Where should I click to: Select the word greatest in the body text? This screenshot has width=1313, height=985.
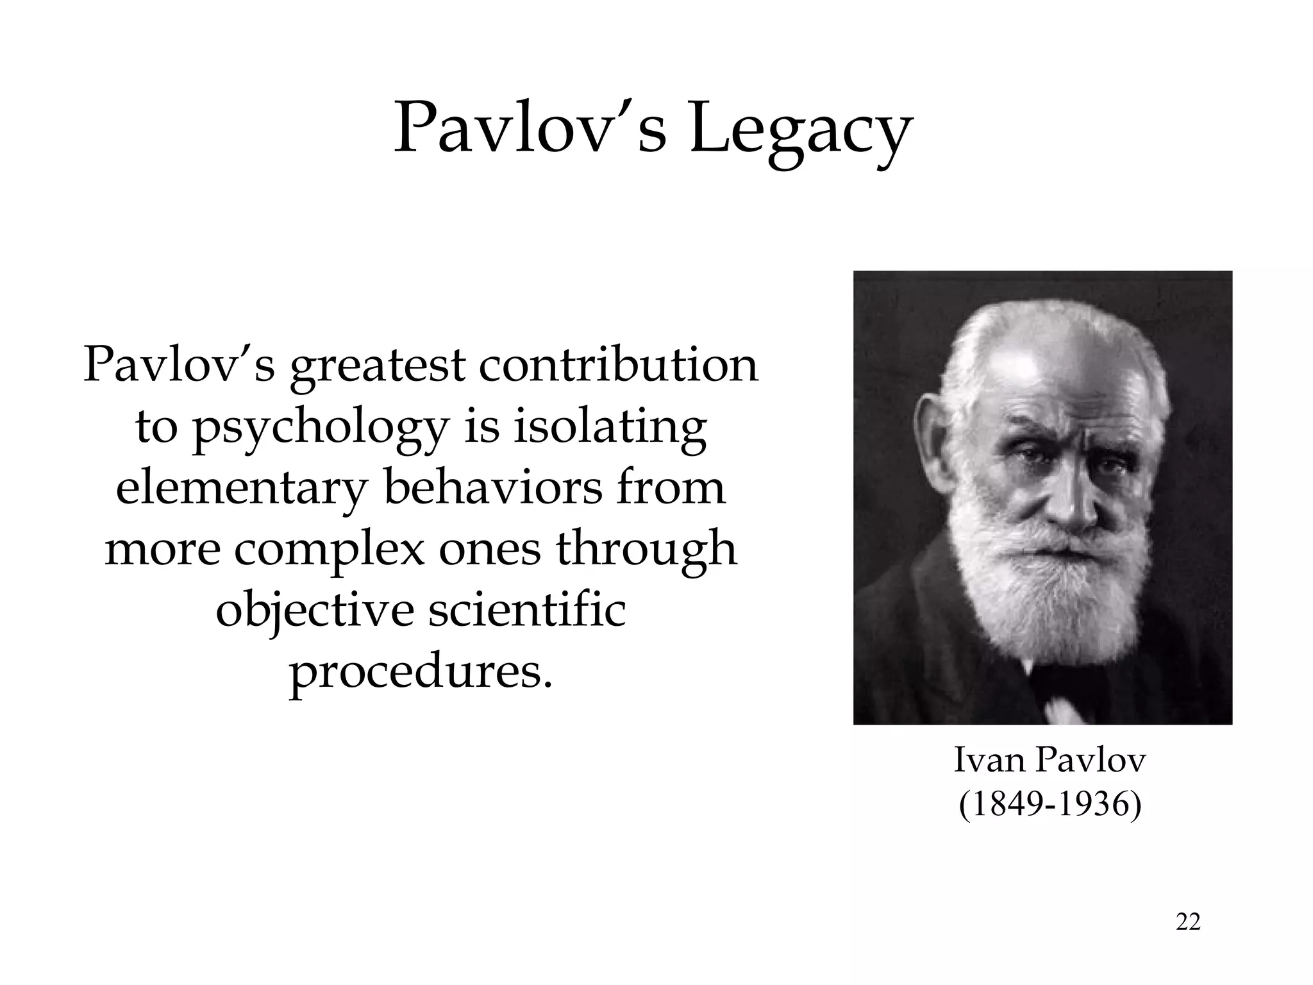[x=378, y=367]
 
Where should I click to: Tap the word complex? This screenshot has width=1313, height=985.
[x=329, y=551]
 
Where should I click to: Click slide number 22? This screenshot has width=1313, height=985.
[x=1188, y=922]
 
